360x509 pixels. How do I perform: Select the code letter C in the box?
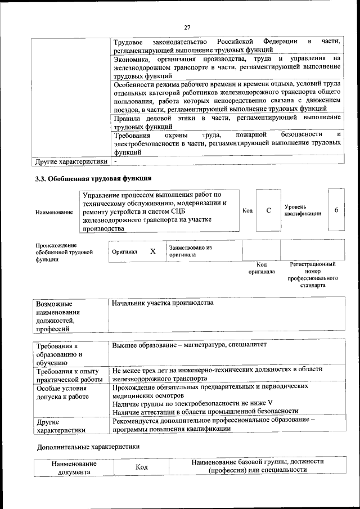(268, 210)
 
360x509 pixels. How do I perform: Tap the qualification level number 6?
(336, 210)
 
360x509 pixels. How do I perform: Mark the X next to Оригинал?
(152, 251)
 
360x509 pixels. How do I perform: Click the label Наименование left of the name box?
(54, 211)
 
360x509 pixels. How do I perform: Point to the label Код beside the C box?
(247, 210)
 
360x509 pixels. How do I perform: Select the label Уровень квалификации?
(303, 210)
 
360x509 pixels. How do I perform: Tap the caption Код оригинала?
(261, 268)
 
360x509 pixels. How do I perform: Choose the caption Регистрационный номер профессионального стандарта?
(313, 274)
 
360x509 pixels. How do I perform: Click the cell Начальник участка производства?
(163, 304)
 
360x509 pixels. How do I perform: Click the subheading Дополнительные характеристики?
(88, 447)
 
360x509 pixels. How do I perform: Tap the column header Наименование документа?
(74, 469)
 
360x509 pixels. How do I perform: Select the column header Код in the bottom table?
(142, 468)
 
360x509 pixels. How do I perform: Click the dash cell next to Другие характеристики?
(115, 161)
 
